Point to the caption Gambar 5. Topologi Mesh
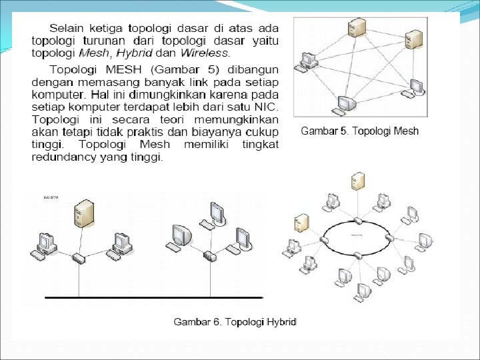360,131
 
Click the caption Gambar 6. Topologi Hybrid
235,322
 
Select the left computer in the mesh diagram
309,60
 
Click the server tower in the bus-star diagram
83,213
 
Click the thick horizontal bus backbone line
153,296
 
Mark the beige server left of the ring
301,223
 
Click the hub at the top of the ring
359,220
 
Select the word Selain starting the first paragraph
66,29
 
